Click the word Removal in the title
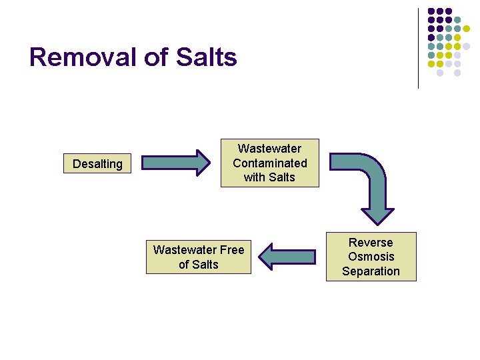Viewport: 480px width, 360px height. [x=83, y=57]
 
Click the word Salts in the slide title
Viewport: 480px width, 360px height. [x=207, y=57]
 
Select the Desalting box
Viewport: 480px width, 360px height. [x=97, y=164]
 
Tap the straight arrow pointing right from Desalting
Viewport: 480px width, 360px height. [x=176, y=163]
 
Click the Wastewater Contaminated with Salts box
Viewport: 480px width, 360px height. [x=270, y=163]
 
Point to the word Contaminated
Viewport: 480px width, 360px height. [x=270, y=163]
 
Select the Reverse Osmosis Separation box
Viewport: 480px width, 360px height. [x=371, y=257]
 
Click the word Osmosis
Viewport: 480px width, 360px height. [x=371, y=257]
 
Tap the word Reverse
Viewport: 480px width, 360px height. [x=371, y=243]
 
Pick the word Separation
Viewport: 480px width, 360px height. [x=371, y=271]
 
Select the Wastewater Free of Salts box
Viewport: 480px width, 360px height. [x=199, y=257]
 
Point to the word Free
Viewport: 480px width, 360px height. [x=231, y=250]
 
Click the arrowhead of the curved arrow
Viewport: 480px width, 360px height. [x=382, y=212]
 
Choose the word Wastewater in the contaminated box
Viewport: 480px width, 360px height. [x=270, y=149]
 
